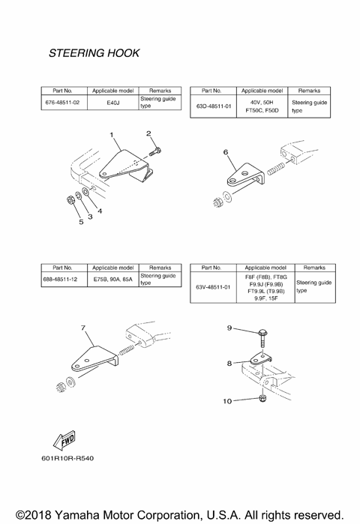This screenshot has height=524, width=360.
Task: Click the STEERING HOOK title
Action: (93, 54)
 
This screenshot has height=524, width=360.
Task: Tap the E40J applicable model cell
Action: (112, 102)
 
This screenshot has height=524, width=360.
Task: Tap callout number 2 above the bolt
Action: (148, 133)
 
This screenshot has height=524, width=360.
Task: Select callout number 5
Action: (80, 222)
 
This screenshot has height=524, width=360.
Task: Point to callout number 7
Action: (83, 328)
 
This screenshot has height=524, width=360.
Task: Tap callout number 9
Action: (230, 328)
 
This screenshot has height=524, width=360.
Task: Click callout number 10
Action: (227, 401)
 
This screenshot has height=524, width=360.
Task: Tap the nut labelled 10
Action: (260, 399)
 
